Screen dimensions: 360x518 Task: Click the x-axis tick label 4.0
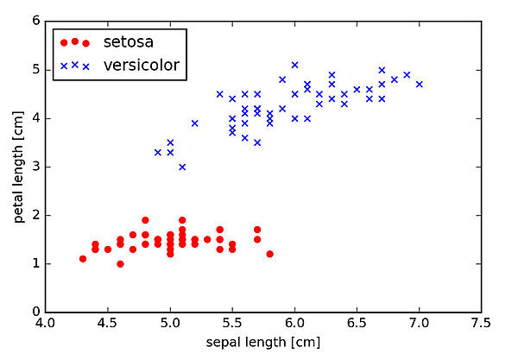click(46, 323)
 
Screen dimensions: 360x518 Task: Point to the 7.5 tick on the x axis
click(481, 323)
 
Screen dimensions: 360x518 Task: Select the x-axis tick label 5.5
click(232, 323)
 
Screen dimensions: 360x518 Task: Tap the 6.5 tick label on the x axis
click(357, 323)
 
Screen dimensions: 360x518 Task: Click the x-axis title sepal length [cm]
click(263, 343)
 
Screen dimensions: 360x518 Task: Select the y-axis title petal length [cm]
click(18, 167)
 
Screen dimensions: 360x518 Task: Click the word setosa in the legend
click(126, 41)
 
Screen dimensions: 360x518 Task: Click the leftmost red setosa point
click(83, 258)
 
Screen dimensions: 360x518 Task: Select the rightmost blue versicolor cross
click(420, 84)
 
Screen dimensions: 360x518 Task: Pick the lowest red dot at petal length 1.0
click(120, 263)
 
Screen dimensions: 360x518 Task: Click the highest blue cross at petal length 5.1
click(294, 65)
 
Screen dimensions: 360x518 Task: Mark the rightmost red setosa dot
click(270, 254)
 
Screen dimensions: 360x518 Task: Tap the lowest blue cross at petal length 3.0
click(182, 167)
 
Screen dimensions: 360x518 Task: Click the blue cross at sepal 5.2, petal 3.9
click(195, 123)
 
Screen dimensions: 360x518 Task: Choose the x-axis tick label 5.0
click(170, 323)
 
